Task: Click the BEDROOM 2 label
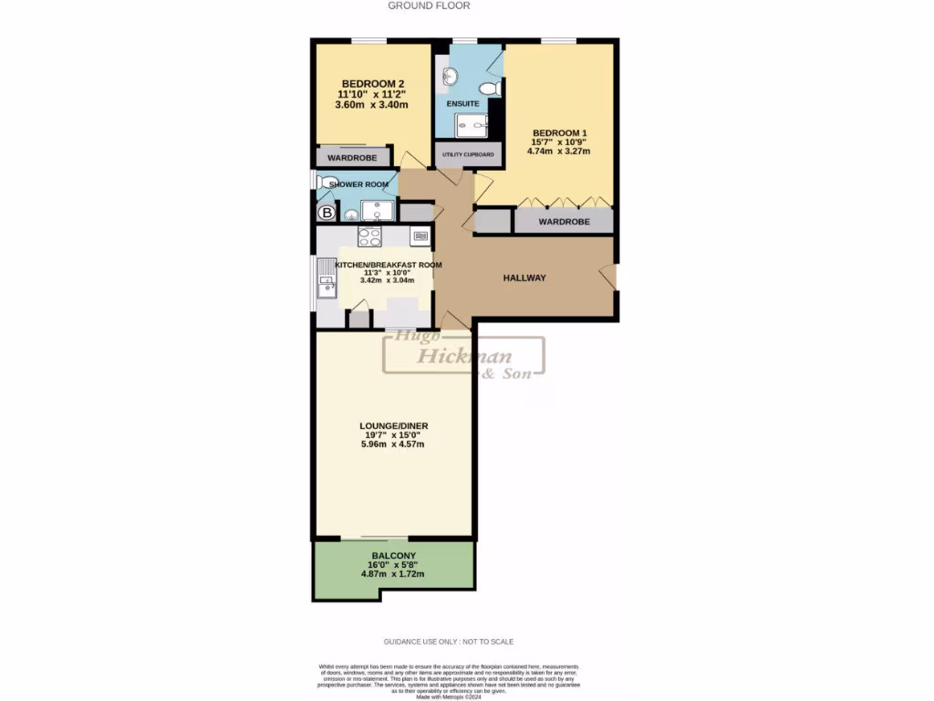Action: pos(372,83)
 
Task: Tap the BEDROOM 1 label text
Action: pos(559,132)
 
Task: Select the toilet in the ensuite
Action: pos(490,89)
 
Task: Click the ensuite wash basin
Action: pos(449,76)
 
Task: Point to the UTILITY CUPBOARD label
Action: pos(469,155)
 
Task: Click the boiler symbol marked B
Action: pos(327,214)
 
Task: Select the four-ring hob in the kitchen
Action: pos(369,237)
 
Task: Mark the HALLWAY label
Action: pos(524,277)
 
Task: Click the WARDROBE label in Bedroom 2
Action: pos(352,158)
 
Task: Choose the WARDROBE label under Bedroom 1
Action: pos(563,222)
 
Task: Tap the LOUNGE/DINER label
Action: pos(393,425)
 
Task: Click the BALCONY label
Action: pos(394,556)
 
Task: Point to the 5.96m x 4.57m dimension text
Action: pos(392,445)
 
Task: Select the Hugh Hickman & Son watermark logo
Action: pos(465,356)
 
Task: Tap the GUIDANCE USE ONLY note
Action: pos(466,642)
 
